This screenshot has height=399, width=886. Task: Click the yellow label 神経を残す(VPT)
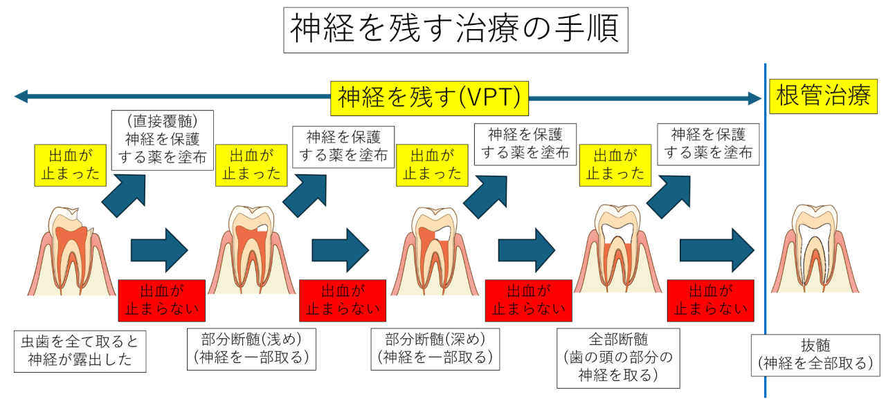[x=429, y=98]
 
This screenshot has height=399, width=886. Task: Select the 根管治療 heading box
[x=823, y=97]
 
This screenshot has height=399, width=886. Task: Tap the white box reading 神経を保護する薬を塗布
[x=707, y=144]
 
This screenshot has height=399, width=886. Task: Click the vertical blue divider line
[x=766, y=207]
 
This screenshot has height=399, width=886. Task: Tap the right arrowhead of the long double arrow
[x=754, y=98]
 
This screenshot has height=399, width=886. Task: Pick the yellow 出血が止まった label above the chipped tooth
[x=69, y=165]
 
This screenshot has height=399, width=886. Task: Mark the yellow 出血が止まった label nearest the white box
[x=615, y=165]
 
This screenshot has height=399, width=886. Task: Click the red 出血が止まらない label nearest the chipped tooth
[x=163, y=301]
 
